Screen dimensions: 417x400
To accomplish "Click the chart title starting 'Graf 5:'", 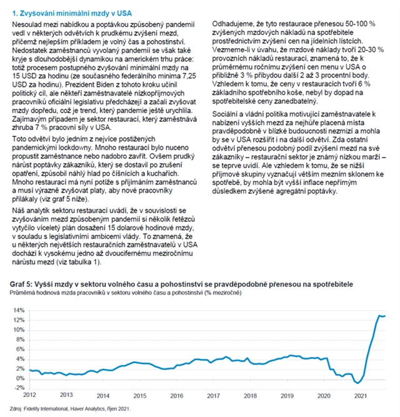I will pyautogui.click(x=181, y=284).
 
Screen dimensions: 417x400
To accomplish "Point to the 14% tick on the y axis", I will pyautogui.click(x=18, y=310).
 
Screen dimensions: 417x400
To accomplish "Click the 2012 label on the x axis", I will pyautogui.click(x=29, y=395).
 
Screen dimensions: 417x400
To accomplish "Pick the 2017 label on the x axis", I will pyautogui.click(x=214, y=395).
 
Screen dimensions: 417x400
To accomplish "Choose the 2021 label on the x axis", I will pyautogui.click(x=361, y=395).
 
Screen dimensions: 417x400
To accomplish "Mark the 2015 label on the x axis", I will pyautogui.click(x=140, y=395).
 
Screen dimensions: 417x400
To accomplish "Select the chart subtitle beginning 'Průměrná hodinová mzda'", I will pyautogui.click(x=125, y=293).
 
